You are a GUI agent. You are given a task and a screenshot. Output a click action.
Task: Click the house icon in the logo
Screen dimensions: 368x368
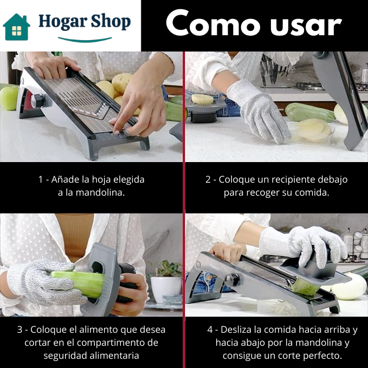coord(16,27)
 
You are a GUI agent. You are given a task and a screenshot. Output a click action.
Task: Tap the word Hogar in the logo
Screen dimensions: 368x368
coord(62,22)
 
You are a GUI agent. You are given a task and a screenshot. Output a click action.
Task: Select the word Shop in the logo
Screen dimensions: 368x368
coord(111,22)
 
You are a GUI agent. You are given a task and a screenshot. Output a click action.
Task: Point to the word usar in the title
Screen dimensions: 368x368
coord(306,26)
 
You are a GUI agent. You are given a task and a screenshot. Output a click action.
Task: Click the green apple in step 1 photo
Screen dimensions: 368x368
coord(9,98)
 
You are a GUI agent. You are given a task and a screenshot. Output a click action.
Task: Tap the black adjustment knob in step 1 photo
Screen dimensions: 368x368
coord(37,101)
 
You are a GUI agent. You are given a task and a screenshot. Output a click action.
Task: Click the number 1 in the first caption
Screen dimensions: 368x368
coord(40,179)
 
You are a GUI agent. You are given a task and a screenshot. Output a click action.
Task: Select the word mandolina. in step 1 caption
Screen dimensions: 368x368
coord(100,192)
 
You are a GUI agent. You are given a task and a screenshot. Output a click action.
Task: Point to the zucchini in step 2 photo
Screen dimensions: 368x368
coord(310,112)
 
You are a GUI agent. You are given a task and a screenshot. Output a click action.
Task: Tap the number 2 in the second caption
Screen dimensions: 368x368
coord(208,179)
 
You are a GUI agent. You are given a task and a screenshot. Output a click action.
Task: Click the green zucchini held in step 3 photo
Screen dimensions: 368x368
coord(78,283)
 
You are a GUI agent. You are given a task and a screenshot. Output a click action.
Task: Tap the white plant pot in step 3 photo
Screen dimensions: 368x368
coord(166,289)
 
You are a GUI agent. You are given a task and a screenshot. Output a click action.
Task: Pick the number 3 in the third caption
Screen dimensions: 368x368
coord(20,330)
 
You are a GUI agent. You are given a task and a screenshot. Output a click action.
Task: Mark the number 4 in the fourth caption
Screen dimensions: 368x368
coord(210,330)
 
